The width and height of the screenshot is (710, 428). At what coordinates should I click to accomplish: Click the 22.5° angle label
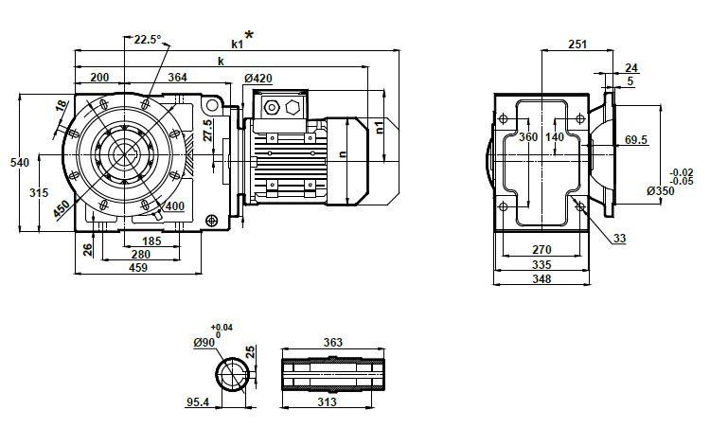pyautogui.click(x=147, y=39)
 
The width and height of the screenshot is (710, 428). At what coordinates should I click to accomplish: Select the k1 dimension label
pyautogui.click(x=238, y=43)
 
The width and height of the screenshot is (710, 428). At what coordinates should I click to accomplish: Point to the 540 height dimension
pyautogui.click(x=11, y=163)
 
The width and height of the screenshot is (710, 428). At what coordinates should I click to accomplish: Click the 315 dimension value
pyautogui.click(x=39, y=192)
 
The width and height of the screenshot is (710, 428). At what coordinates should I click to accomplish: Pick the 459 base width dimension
pyautogui.click(x=138, y=268)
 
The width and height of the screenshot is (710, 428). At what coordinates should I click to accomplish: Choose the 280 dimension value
pyautogui.click(x=140, y=254)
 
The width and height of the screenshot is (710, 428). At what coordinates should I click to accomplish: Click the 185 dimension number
pyautogui.click(x=152, y=241)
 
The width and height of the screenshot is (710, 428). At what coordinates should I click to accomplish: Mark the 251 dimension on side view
pyautogui.click(x=577, y=44)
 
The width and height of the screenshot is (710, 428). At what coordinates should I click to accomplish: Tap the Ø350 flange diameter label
pyautogui.click(x=660, y=191)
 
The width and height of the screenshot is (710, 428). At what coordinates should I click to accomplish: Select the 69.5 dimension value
pyautogui.click(x=635, y=140)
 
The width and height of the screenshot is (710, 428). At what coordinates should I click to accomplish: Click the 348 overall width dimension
pyautogui.click(x=541, y=279)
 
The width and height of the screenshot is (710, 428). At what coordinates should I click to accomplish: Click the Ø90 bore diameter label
pyautogui.click(x=206, y=342)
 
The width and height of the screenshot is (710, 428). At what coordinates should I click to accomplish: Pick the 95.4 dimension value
pyautogui.click(x=197, y=402)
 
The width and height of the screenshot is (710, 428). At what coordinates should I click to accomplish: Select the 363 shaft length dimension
pyautogui.click(x=332, y=342)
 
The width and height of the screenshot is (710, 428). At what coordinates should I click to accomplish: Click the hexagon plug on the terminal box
pyautogui.click(x=290, y=107)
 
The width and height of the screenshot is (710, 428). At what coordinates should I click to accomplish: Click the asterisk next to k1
pyautogui.click(x=249, y=36)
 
